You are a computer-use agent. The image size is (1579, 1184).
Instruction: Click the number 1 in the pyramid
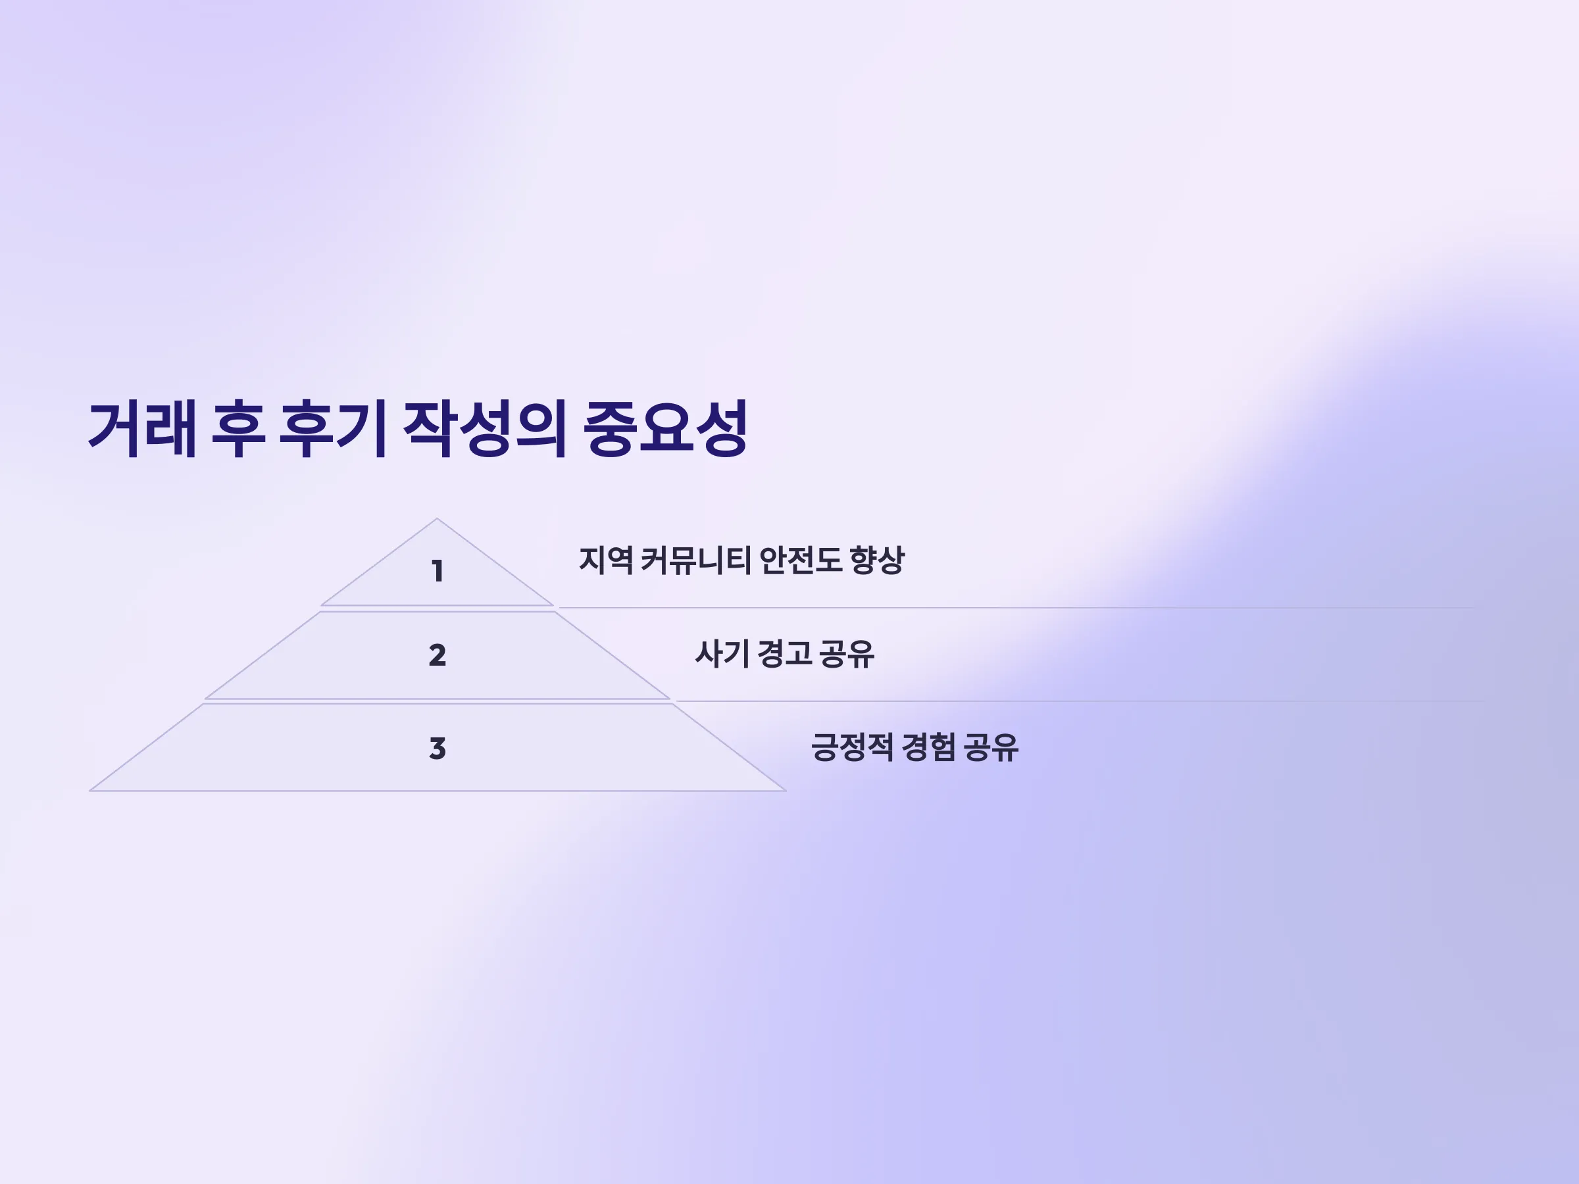438,571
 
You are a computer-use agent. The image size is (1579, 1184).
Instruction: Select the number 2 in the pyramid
438,655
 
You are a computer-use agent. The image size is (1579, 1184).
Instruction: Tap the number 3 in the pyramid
438,749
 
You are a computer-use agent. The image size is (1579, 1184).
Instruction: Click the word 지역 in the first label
605,560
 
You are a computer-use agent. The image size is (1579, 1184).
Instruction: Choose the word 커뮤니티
695,560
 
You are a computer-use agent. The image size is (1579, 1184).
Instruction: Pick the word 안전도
800,560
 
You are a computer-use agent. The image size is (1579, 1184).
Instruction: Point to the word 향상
877,560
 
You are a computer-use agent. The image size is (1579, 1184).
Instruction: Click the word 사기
722,654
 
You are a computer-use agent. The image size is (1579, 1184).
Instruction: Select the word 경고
784,654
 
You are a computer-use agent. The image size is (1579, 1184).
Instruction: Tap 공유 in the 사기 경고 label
847,654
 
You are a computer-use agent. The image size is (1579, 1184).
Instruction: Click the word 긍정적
852,747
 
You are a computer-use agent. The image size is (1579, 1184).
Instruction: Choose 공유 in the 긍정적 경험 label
991,747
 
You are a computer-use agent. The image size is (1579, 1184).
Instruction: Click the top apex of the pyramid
437,519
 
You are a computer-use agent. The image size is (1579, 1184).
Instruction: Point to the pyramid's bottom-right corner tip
785,790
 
